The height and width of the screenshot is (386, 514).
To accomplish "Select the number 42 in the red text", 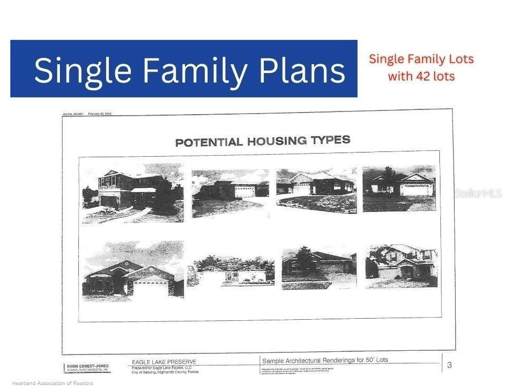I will click(423, 76).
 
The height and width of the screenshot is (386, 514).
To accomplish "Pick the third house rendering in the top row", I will click(316, 189).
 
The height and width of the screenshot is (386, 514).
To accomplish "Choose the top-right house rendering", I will click(399, 188).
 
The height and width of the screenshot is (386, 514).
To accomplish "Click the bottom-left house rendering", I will click(133, 271).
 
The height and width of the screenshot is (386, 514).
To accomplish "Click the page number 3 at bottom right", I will click(449, 364).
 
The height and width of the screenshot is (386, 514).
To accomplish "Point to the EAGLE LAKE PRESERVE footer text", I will click(164, 362).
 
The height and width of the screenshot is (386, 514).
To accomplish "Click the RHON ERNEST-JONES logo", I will click(87, 368).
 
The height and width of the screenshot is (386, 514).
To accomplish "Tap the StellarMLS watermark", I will click(478, 194).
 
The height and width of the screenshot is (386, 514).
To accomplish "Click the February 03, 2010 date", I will click(100, 114).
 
